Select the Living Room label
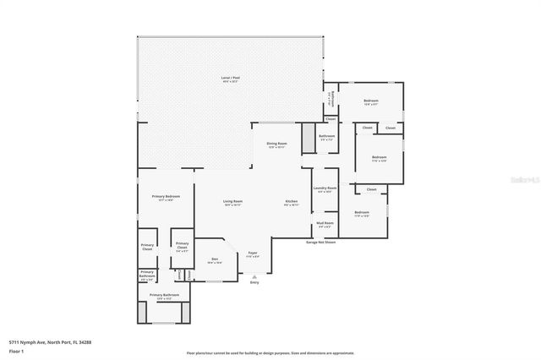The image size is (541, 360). coord(232,201)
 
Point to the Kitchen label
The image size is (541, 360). coord(291,201)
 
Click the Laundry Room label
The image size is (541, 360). coord(325,188)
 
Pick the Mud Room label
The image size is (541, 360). coord(325,224)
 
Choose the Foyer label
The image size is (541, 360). coord(252,254)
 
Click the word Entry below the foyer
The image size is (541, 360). coord(254,282)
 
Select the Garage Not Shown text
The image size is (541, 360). coord(320,242)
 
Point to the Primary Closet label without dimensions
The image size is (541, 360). coord(147,248)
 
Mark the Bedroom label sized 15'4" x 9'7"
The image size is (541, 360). coord(370,102)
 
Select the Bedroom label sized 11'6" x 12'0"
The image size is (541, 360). coord(379,158)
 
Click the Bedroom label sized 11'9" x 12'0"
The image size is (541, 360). coord(362,213)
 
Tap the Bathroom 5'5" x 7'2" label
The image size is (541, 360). coord(327,137)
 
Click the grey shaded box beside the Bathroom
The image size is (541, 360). coord(309,139)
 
